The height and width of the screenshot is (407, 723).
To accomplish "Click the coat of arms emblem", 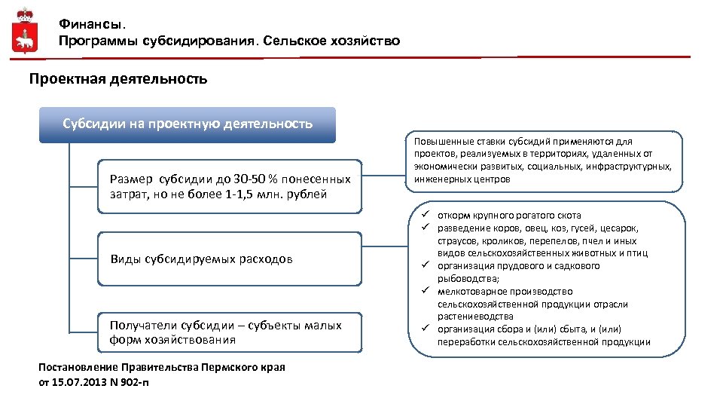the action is point(25,32).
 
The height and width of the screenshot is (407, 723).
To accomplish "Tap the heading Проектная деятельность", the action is point(117,78).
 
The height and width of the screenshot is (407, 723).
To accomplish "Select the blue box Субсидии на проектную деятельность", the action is point(188,124).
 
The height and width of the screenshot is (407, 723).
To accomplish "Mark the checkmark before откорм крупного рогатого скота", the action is point(425,215).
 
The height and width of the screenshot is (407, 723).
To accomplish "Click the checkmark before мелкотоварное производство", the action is point(425,291).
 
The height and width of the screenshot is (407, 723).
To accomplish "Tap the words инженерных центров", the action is point(462,179).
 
